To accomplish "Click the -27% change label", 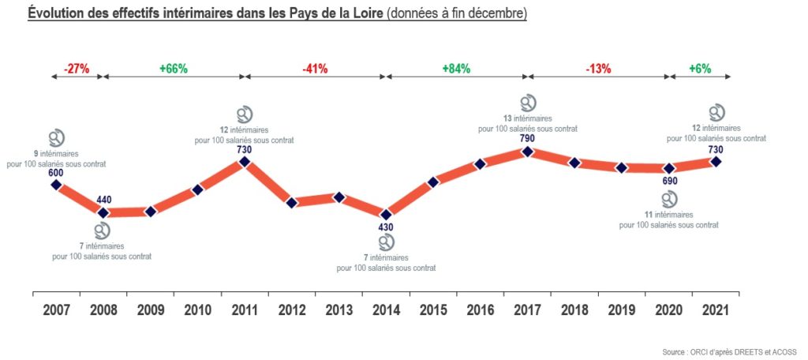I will tap(77, 69).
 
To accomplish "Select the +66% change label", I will tap(174, 69).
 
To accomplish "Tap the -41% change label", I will tap(316, 69).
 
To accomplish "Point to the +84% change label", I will tap(456, 69).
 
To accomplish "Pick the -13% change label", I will tap(598, 69).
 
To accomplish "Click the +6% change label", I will tap(700, 69).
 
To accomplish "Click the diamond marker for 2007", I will tap(56, 185).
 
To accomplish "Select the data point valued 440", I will tap(103, 212).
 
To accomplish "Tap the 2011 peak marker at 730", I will tap(244, 162).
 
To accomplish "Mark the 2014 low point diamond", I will tap(386, 214).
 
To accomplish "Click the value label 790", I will tap(528, 139).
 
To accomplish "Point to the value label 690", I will tap(669, 182).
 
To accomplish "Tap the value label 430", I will tap(386, 228).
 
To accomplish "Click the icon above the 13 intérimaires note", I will tap(529, 103).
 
